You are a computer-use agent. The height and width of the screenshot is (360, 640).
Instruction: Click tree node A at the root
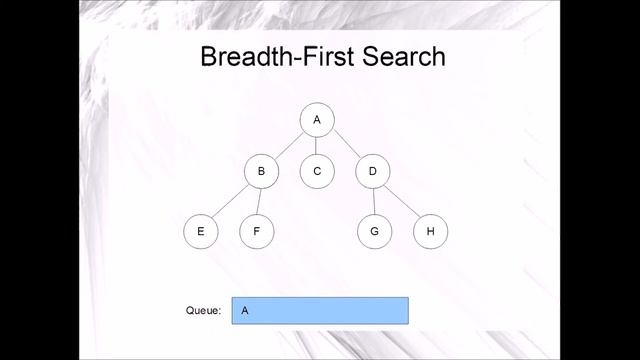[x=317, y=120]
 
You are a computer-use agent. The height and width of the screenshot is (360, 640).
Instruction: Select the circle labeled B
[x=261, y=171]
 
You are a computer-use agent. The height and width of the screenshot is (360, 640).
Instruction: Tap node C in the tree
[x=317, y=171]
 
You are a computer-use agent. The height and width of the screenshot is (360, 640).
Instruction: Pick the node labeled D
[x=372, y=171]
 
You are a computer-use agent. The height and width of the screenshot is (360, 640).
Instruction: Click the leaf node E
[x=201, y=231]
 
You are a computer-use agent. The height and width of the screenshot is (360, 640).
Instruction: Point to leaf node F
[x=257, y=231]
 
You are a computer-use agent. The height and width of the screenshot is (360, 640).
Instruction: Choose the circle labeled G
[x=374, y=231]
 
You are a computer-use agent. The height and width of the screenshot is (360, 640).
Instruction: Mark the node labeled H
[x=430, y=231]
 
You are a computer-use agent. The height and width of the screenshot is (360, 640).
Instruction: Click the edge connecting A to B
[x=289, y=146]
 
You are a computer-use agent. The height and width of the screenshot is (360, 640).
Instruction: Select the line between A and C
[x=317, y=145]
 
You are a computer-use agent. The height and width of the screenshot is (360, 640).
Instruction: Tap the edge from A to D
[x=345, y=146]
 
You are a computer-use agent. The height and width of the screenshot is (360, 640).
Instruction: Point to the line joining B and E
[x=231, y=201]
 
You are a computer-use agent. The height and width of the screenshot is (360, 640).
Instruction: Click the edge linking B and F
[x=259, y=201]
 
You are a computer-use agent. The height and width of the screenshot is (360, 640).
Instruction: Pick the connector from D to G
[x=373, y=201]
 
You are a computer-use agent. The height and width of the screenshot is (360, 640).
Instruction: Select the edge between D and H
[x=401, y=201]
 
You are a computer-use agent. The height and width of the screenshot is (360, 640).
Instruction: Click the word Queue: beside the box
[x=203, y=310]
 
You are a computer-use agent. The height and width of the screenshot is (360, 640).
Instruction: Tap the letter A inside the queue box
[x=245, y=310]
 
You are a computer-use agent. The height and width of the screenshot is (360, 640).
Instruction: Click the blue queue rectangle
[x=330, y=310]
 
